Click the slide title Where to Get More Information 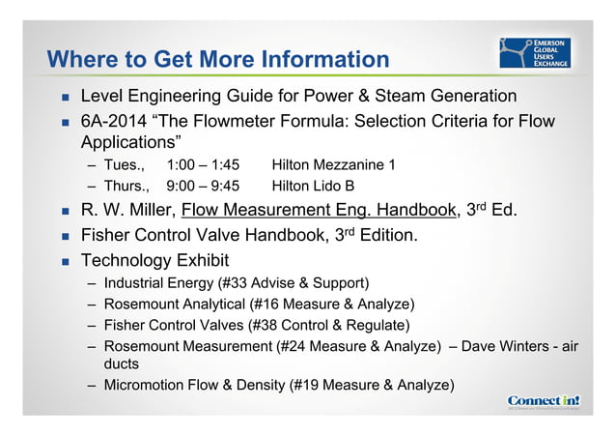point(217,59)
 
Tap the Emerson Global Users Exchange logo point(534,53)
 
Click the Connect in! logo point(543,400)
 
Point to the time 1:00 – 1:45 point(203,165)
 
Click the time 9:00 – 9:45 point(203,186)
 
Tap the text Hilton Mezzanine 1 point(334,165)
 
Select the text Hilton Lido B point(314,186)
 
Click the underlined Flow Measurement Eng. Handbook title point(318,210)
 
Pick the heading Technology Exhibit point(155,259)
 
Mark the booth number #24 point(292,345)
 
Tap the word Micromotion point(141,386)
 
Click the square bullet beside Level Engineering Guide point(65,98)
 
